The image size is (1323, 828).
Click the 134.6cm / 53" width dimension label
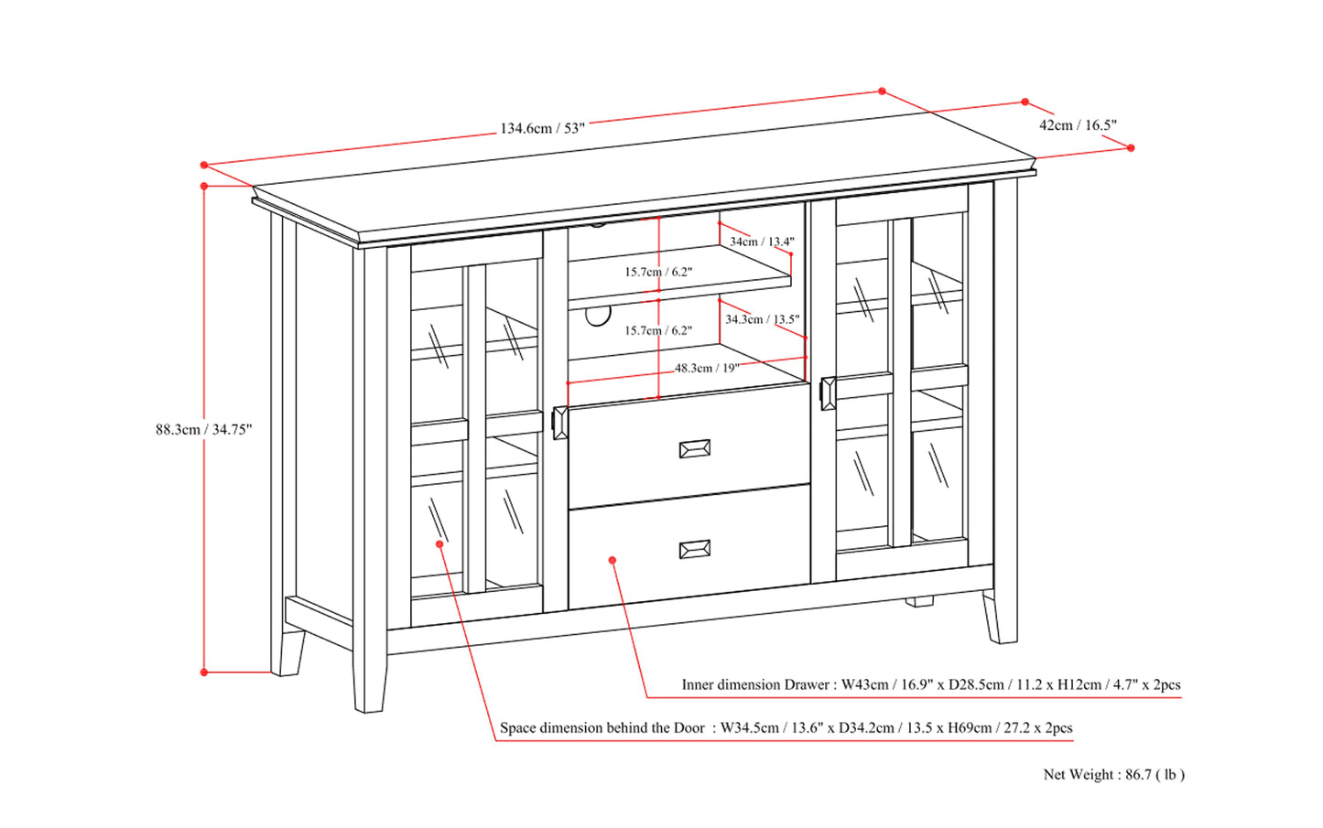(542, 128)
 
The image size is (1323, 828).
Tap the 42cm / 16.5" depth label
(1078, 124)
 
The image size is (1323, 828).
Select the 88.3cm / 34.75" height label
(204, 429)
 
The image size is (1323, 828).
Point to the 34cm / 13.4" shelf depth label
(762, 242)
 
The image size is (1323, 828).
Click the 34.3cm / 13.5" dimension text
(762, 319)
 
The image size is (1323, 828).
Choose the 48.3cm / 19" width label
(707, 369)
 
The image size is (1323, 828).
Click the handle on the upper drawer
(695, 449)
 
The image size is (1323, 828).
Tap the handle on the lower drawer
(695, 550)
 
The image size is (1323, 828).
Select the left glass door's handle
(559, 423)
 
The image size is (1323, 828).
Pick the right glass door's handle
(828, 393)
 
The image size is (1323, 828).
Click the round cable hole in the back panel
(597, 315)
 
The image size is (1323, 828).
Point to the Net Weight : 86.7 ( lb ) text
(1114, 774)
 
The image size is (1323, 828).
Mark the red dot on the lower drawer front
(613, 560)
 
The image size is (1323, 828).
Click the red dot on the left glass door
(439, 543)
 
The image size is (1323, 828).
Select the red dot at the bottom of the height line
(204, 672)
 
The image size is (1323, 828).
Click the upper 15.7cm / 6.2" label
(658, 272)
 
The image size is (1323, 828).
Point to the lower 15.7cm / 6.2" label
(658, 330)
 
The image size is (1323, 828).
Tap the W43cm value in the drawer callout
(864, 684)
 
